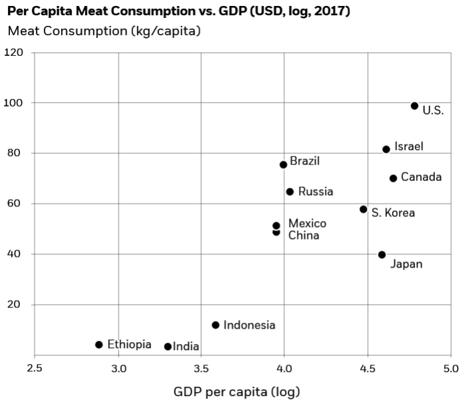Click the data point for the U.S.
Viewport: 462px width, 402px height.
pos(414,106)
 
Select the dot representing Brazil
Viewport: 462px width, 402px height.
pos(283,164)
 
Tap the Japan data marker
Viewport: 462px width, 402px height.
pos(381,255)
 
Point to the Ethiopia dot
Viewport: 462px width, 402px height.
pos(99,345)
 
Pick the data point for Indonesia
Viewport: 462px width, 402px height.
pos(216,325)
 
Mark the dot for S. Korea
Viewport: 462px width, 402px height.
pos(363,209)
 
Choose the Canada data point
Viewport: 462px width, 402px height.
pos(393,178)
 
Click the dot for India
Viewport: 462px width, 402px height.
pos(168,347)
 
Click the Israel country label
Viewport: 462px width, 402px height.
pos(408,146)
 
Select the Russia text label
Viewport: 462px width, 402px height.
pos(316,192)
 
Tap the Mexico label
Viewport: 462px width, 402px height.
pos(307,223)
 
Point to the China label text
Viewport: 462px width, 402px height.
pos(304,236)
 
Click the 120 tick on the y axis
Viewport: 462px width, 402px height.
pos(14,53)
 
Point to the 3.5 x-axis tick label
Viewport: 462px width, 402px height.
pos(201,368)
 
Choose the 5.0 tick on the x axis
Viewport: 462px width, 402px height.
pos(451,368)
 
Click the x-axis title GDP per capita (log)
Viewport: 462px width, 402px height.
pos(232,391)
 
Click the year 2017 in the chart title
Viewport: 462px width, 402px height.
pos(334,11)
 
